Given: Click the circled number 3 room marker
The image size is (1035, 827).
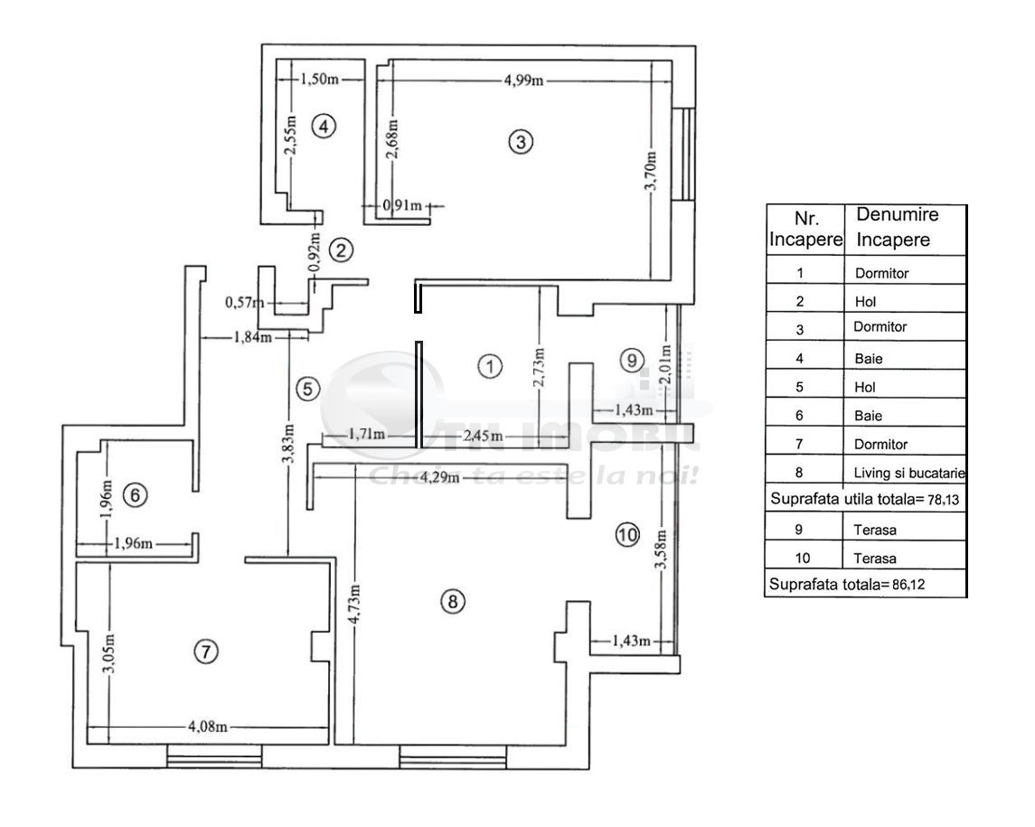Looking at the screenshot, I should click(x=521, y=141).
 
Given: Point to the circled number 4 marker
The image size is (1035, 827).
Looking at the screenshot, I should click(x=325, y=126).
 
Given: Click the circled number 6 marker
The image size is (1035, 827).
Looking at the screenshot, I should click(x=133, y=495).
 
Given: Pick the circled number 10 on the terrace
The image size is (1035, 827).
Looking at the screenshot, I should click(x=627, y=534).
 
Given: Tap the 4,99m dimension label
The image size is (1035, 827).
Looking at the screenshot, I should click(x=524, y=80).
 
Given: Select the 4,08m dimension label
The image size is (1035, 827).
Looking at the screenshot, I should click(x=207, y=726).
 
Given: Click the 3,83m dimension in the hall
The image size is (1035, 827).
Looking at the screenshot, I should click(x=287, y=445).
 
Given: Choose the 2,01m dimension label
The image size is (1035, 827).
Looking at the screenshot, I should click(x=666, y=365).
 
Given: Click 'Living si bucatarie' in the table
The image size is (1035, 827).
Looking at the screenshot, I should click(x=909, y=473).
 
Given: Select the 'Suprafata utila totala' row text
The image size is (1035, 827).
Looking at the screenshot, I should click(x=864, y=499).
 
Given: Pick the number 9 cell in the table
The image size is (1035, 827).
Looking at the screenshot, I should click(x=799, y=530).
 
